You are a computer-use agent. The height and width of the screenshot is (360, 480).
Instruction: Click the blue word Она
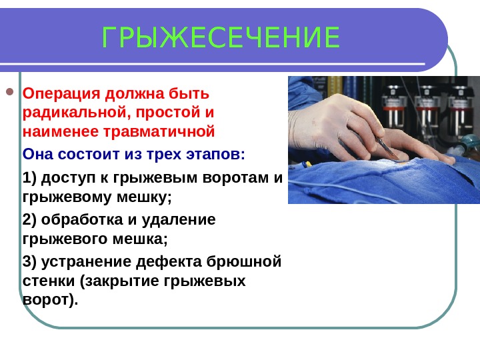click(37, 155)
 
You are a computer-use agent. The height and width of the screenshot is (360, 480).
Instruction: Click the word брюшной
click(251, 260)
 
